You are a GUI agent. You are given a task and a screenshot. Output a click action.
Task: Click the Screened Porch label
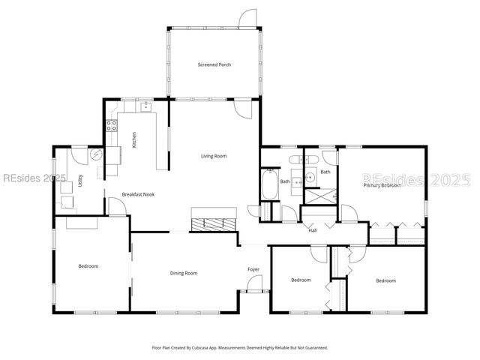214,65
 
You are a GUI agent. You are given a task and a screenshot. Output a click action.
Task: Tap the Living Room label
214,156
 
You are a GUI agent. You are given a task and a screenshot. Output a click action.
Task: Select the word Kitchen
134,139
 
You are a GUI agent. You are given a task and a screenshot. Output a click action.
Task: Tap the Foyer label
253,269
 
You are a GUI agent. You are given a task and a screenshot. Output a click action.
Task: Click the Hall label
313,230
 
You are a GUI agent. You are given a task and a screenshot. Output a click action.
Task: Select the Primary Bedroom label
382,184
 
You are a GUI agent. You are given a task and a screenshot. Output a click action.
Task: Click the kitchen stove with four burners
112,126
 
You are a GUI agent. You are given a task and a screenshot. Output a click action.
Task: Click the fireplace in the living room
214,223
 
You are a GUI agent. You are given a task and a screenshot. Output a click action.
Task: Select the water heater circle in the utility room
96,155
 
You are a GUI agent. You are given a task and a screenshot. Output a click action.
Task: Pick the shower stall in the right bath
320,196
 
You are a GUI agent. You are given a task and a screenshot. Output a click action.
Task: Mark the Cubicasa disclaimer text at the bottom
240,347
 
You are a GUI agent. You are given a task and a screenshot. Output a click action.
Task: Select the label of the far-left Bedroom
88,266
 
